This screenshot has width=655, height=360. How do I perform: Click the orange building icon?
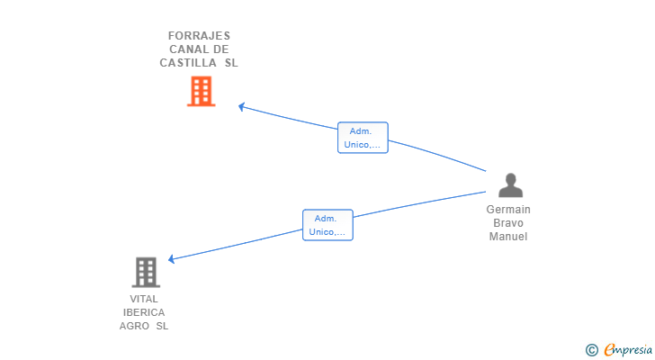201,91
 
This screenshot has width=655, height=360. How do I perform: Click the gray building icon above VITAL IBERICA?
146,273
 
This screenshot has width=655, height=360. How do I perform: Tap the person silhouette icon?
510,185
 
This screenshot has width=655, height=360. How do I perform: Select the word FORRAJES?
199,36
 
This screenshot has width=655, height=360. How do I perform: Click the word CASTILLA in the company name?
188,63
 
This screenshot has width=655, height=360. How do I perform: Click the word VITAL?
144,299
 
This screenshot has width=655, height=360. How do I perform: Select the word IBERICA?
144,312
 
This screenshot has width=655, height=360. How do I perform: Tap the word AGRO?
134,326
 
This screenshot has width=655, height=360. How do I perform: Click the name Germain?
508,210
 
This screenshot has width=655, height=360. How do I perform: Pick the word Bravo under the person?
508,223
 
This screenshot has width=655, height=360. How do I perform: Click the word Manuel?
508,237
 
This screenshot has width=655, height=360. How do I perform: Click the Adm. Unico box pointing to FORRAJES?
363,138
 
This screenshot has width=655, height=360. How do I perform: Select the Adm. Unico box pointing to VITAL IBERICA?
327,225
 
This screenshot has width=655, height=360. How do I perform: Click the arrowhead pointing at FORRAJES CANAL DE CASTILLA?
241,107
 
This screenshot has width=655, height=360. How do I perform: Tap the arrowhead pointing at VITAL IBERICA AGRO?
171,259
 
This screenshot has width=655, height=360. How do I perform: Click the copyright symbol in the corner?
591,350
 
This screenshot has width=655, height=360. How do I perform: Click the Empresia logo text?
628,349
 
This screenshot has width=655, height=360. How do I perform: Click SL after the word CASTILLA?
231,63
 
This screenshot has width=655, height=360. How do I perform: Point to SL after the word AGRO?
162,326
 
